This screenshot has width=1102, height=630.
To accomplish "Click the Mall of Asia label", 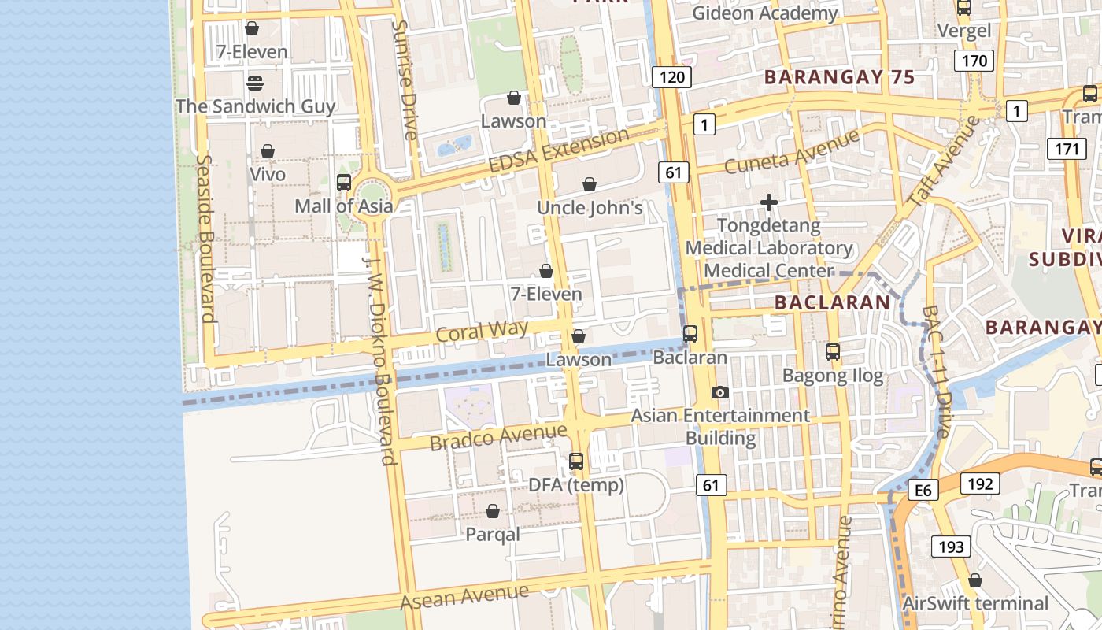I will (343, 206).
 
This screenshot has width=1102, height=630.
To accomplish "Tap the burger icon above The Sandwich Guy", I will (254, 83).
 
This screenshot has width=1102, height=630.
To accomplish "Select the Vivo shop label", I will (268, 173).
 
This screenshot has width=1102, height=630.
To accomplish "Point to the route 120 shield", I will (671, 77).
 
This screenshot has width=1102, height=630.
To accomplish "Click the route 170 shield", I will (974, 61).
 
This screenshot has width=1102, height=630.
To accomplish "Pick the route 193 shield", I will (951, 546).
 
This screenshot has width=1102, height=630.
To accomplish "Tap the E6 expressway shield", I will (923, 491).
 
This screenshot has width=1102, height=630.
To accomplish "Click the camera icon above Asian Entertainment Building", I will (719, 392).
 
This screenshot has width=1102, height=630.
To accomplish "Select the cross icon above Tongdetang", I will (769, 203).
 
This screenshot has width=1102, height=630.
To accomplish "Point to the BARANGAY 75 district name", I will (839, 77).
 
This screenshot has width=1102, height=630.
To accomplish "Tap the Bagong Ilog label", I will (833, 376).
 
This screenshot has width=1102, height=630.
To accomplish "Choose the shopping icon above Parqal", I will (493, 512).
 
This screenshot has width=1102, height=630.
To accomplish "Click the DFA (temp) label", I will (576, 485).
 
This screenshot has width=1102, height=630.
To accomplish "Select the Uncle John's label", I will (590, 208).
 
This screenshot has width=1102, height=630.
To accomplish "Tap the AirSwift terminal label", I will (975, 603).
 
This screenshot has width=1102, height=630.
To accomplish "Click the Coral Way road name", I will (482, 331).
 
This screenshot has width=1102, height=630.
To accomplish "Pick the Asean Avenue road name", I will (464, 596).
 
